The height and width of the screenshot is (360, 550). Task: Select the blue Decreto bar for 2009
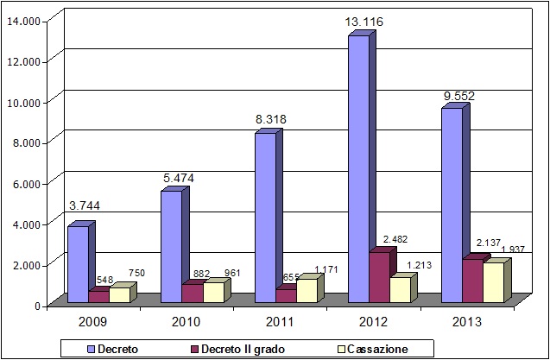tap(77, 263)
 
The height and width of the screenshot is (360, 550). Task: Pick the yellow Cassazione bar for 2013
tap(492, 281)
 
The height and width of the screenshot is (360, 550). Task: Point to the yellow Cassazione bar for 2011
tap(306, 290)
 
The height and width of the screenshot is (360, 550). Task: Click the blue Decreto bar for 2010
tap(171, 246)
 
